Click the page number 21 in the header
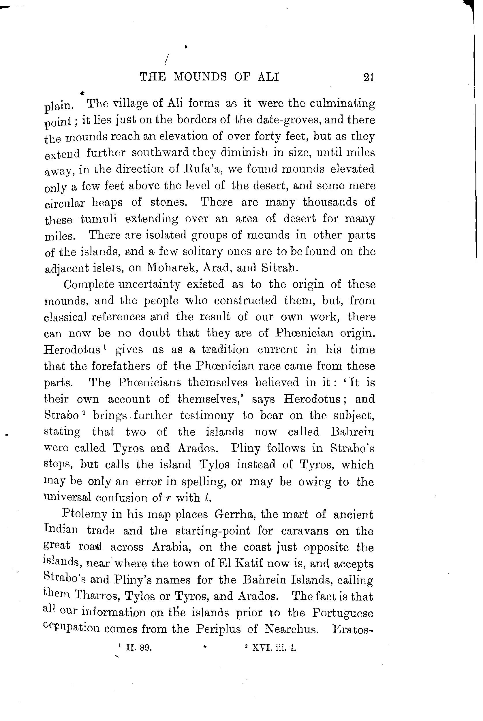click(x=369, y=77)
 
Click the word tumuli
click(x=99, y=219)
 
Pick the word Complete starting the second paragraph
click(x=89, y=284)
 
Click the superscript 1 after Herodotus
click(x=105, y=347)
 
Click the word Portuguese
click(x=342, y=613)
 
